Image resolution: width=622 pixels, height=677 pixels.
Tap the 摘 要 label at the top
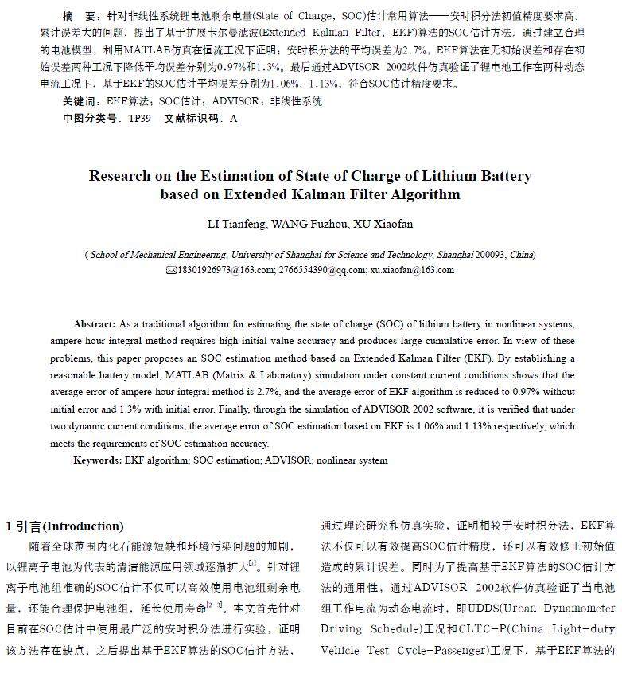click(x=79, y=16)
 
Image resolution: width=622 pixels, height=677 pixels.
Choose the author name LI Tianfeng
click(x=238, y=225)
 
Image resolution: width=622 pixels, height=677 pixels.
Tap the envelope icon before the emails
click(x=170, y=271)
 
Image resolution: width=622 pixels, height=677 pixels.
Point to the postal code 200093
click(x=491, y=255)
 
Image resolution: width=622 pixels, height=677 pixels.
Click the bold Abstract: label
click(x=95, y=324)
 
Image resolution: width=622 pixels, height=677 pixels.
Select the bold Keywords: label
click(x=98, y=460)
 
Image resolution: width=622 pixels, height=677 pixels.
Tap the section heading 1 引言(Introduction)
click(x=65, y=526)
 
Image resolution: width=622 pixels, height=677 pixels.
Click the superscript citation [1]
click(x=252, y=563)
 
